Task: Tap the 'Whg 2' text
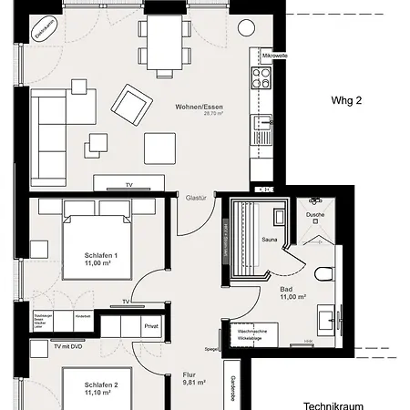(346, 101)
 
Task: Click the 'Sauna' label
(269, 240)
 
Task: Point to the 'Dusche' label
(315, 215)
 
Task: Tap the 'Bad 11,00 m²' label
(292, 292)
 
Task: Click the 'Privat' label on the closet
(151, 324)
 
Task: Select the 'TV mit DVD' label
(68, 347)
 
